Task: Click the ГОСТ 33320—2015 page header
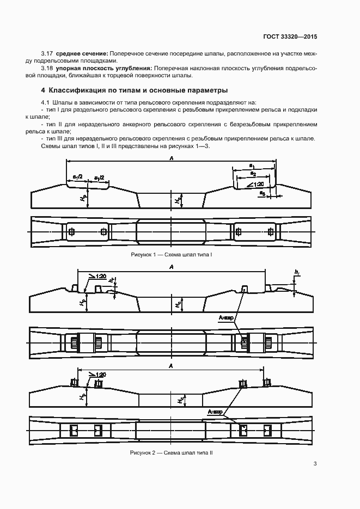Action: [290, 36]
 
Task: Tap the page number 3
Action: [315, 464]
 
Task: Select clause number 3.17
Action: [47, 53]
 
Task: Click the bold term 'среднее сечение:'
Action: [82, 53]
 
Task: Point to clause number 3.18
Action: [47, 69]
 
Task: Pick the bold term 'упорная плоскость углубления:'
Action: [104, 69]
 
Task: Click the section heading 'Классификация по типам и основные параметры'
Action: [138, 90]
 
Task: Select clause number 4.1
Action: [45, 102]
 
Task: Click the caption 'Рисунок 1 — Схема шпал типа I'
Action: [172, 255]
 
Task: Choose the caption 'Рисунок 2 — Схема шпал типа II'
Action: [172, 452]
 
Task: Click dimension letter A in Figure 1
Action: [172, 158]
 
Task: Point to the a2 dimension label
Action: [253, 174]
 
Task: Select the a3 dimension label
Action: [261, 193]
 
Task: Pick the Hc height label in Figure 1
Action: [178, 200]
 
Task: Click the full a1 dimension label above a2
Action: [252, 166]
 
